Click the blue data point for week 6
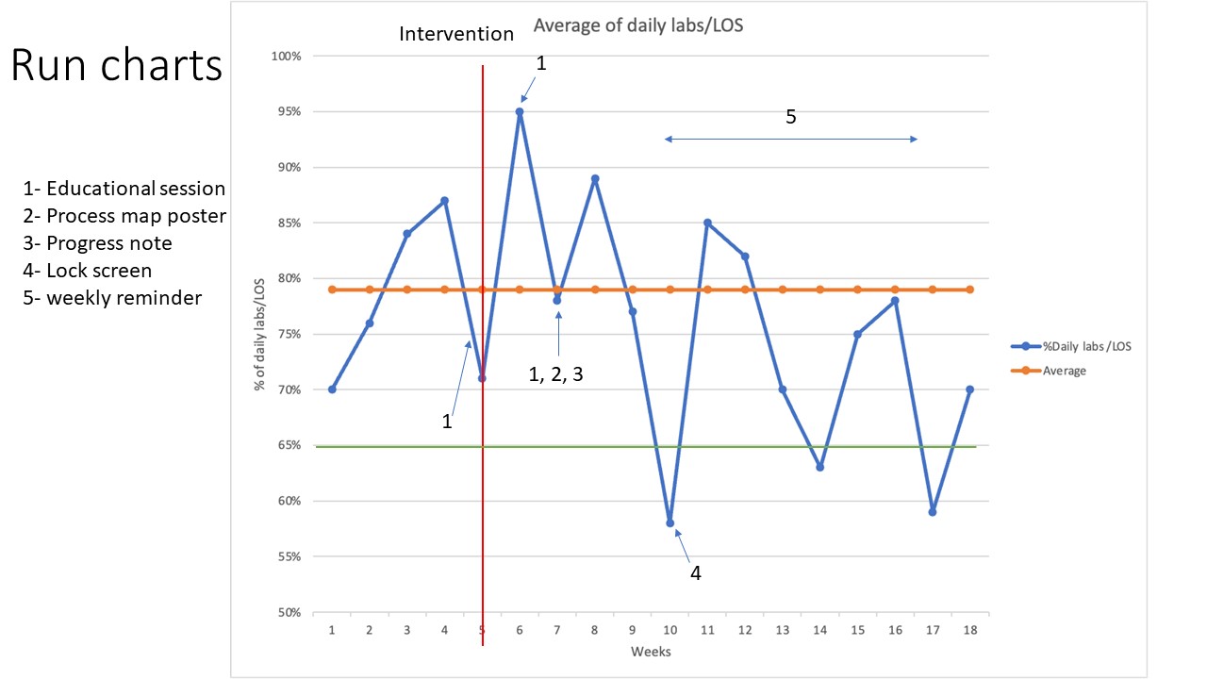pyautogui.click(x=520, y=111)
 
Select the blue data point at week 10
pyautogui.click(x=670, y=522)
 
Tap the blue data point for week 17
pyautogui.click(x=933, y=512)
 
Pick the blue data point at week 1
pyautogui.click(x=332, y=389)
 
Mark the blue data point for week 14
pyautogui.click(x=820, y=467)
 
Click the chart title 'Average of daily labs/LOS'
pyautogui.click(x=638, y=25)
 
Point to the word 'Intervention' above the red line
pyautogui.click(x=456, y=34)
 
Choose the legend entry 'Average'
pyautogui.click(x=1064, y=371)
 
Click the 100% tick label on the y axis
pyautogui.click(x=287, y=56)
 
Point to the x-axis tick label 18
pyautogui.click(x=970, y=629)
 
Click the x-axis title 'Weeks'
pyautogui.click(x=651, y=651)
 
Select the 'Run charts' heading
pyautogui.click(x=117, y=66)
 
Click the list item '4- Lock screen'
pyautogui.click(x=88, y=271)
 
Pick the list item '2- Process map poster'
pyautogui.click(x=124, y=216)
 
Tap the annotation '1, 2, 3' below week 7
pyautogui.click(x=555, y=374)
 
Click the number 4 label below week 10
pyautogui.click(x=696, y=572)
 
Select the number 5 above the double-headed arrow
pyautogui.click(x=791, y=117)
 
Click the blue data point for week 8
pyautogui.click(x=595, y=178)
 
